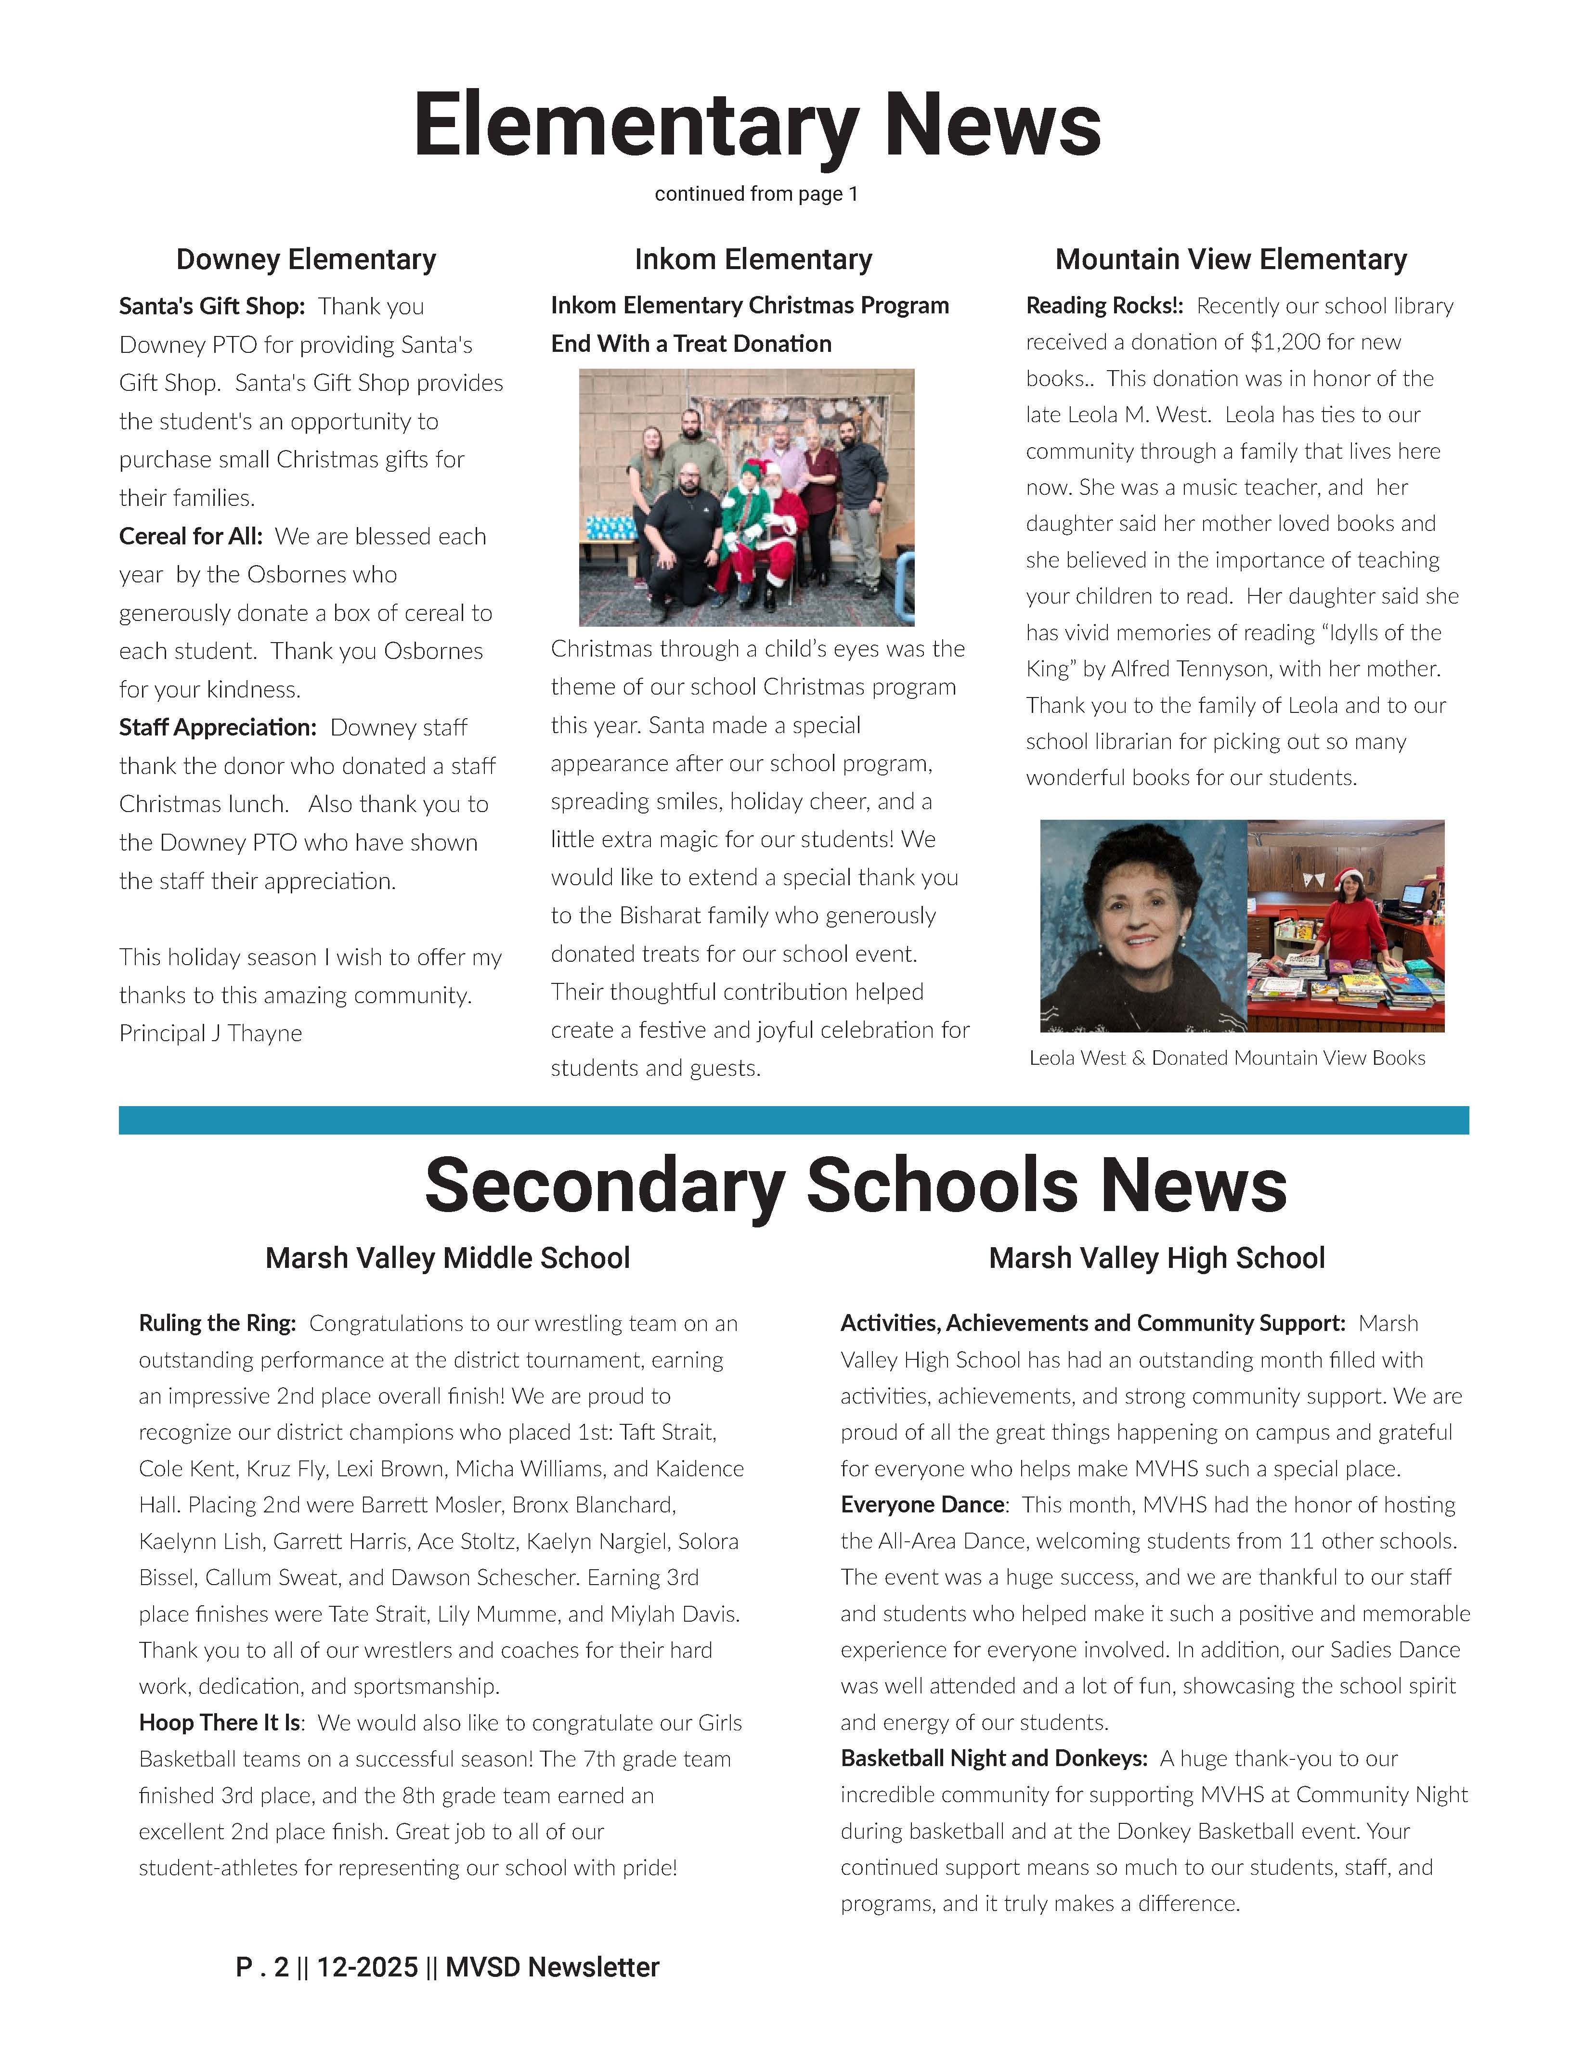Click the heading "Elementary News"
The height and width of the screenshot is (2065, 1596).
(756, 125)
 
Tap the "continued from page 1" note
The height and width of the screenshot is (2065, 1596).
(756, 194)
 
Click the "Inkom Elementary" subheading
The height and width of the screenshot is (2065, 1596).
(753, 259)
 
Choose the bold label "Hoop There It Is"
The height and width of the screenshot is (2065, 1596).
(221, 1723)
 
